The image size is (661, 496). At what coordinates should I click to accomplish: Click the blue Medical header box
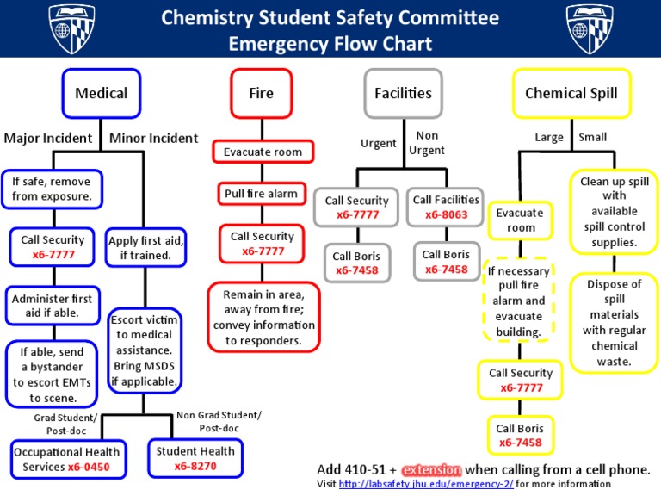click(101, 93)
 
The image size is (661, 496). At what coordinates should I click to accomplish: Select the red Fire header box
click(261, 93)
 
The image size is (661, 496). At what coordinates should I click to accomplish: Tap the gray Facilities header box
click(403, 93)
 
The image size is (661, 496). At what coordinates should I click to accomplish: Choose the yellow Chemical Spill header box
click(571, 93)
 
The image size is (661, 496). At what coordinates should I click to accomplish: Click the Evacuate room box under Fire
click(263, 152)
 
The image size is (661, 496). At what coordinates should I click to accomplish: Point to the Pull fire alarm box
click(261, 194)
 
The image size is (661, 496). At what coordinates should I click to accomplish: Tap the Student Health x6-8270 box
click(195, 459)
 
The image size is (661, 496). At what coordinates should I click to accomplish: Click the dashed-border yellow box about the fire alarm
click(517, 301)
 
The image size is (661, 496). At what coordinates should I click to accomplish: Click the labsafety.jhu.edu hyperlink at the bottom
click(426, 484)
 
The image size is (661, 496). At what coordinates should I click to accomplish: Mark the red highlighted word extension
click(431, 470)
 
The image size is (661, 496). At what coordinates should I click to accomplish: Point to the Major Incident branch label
click(48, 138)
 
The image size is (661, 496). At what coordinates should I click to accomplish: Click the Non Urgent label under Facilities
click(427, 143)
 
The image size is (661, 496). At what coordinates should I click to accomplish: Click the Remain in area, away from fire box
click(263, 317)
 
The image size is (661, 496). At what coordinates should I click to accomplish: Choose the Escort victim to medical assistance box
click(145, 350)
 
